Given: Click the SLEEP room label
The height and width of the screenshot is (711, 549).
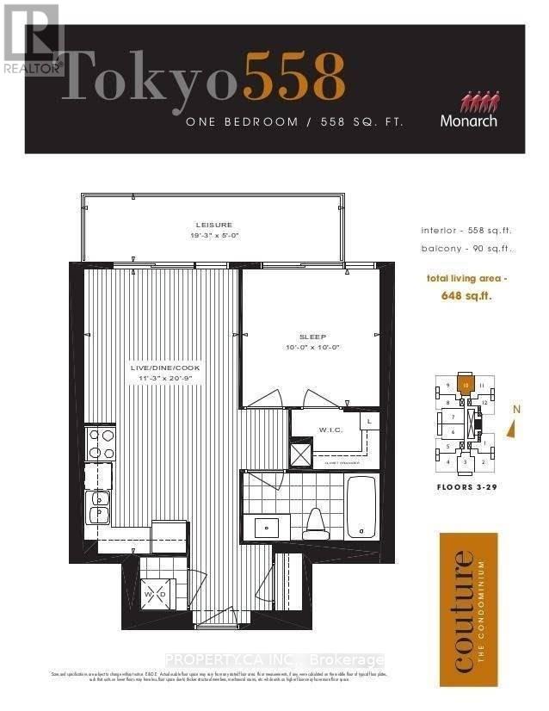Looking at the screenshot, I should [310, 337].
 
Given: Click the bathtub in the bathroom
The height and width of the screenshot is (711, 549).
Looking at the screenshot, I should [361, 507].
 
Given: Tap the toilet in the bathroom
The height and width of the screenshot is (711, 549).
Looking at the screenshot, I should [315, 521].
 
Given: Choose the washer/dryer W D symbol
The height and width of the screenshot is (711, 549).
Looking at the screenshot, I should [158, 595].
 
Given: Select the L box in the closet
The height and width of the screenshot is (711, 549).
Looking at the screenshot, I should [368, 422].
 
